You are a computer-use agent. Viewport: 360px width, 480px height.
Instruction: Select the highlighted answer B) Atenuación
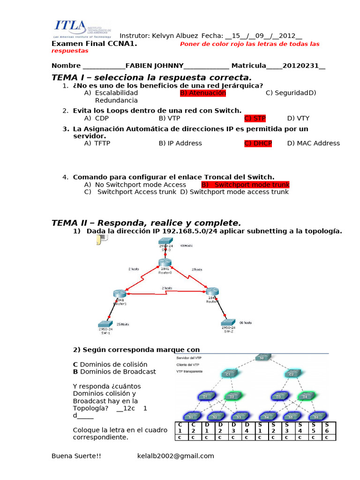coord(202,93)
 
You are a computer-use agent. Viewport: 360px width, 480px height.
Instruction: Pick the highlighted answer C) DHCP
coord(258,143)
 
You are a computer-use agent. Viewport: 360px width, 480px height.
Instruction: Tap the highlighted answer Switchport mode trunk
coord(246,185)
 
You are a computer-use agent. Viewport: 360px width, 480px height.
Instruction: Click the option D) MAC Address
coord(314,143)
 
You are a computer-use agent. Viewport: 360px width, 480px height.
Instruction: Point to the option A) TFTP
coord(97,143)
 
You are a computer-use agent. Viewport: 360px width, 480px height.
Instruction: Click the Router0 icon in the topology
coord(165,263)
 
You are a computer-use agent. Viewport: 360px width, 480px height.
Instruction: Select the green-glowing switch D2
coord(232,396)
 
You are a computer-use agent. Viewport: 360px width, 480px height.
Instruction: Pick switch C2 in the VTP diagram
coord(291,374)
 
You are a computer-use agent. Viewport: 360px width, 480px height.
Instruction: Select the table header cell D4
coord(247,427)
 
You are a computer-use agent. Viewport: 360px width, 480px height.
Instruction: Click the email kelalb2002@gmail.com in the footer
coord(175,456)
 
